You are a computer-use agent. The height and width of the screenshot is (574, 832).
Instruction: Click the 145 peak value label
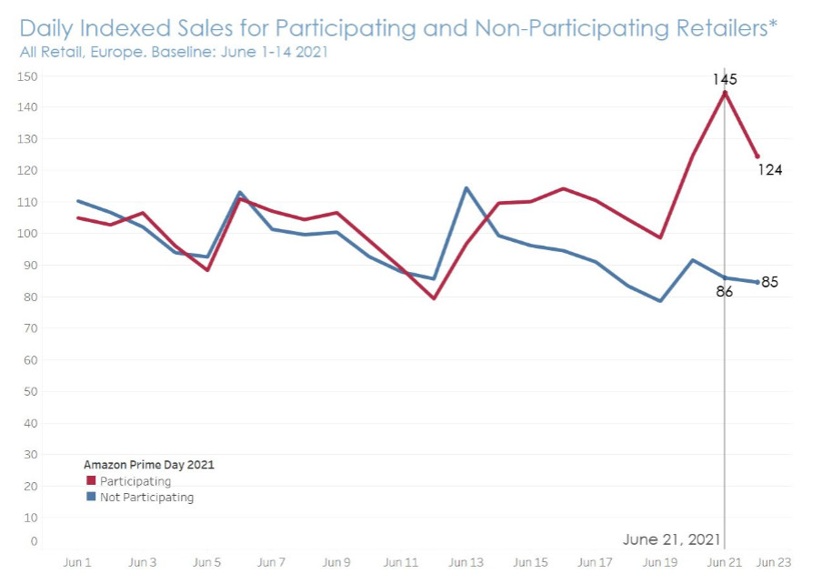(725, 80)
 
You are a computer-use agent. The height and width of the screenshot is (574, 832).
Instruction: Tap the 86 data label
(725, 293)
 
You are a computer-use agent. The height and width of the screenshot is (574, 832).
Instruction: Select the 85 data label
(770, 282)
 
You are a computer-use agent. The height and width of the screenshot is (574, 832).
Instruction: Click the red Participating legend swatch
(90, 481)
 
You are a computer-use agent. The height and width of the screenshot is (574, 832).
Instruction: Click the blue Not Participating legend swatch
(90, 498)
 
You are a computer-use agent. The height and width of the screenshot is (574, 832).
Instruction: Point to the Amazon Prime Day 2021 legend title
(149, 464)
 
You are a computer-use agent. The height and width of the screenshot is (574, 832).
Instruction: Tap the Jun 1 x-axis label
(77, 563)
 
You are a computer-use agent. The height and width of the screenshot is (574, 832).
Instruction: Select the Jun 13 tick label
(466, 563)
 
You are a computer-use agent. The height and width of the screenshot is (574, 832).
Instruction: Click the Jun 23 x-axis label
(776, 563)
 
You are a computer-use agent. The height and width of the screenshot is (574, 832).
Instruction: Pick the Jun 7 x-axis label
(272, 563)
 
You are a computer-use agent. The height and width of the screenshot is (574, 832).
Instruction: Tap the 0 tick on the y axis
(34, 541)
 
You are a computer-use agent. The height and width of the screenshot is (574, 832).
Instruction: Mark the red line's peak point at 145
(725, 93)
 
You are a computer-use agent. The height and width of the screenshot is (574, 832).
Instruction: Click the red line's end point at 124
(757, 156)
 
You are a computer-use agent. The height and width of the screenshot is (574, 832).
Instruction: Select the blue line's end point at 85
(757, 282)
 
